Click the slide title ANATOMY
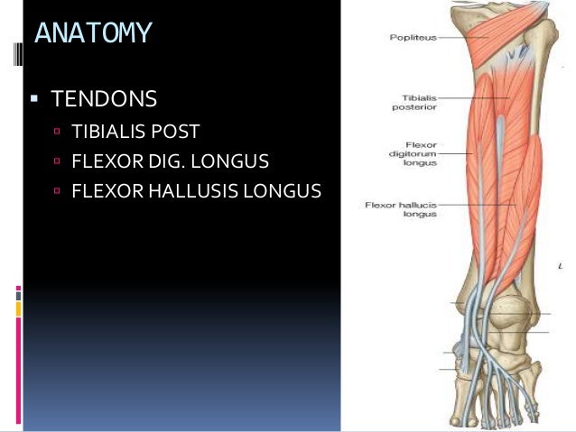coord(93,33)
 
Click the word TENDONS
coord(105,97)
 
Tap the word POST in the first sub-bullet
coord(177,132)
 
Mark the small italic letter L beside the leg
coord(561,268)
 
